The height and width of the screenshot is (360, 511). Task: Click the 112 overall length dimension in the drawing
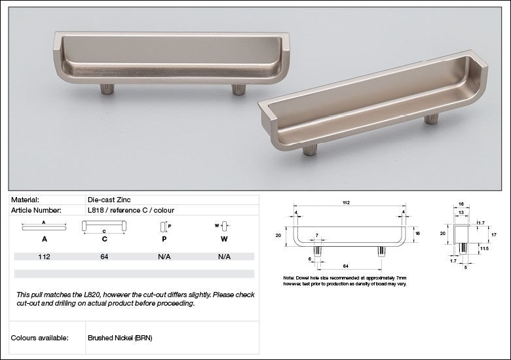tap(347, 203)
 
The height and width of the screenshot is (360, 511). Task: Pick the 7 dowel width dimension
tap(317, 235)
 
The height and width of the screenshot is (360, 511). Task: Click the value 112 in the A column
tap(44, 257)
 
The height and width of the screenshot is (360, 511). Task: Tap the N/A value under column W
tap(224, 257)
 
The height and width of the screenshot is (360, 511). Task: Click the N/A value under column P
tap(164, 257)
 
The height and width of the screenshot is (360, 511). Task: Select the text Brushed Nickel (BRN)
tap(120, 338)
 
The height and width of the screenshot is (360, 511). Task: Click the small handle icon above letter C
tap(104, 226)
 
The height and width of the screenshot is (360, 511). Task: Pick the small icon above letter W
tap(223, 226)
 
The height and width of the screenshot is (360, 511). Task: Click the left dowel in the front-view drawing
tap(317, 251)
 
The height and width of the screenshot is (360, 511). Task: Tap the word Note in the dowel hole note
tap(289, 277)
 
